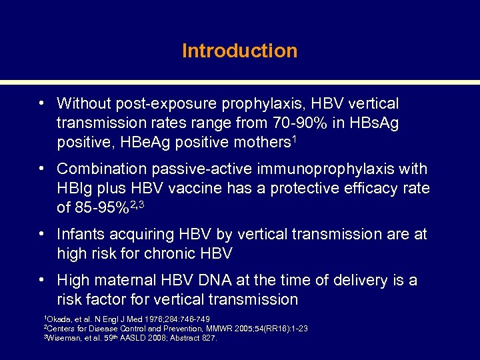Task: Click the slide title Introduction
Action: [x=239, y=51]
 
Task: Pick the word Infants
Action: [x=81, y=235]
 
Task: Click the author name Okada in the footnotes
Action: [x=57, y=319]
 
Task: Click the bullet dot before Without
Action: [x=41, y=104]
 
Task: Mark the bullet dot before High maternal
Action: [x=41, y=280]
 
